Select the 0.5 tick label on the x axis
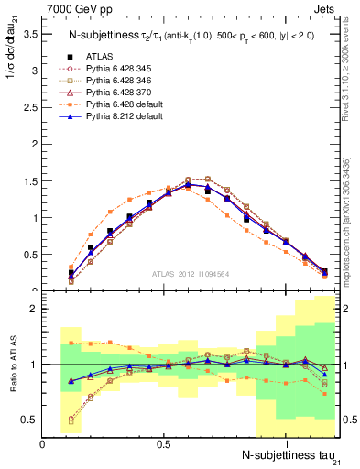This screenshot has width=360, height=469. tap(164, 443)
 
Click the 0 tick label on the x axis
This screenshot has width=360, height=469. tap(43, 443)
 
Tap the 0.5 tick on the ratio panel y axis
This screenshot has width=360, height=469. tap(30, 420)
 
